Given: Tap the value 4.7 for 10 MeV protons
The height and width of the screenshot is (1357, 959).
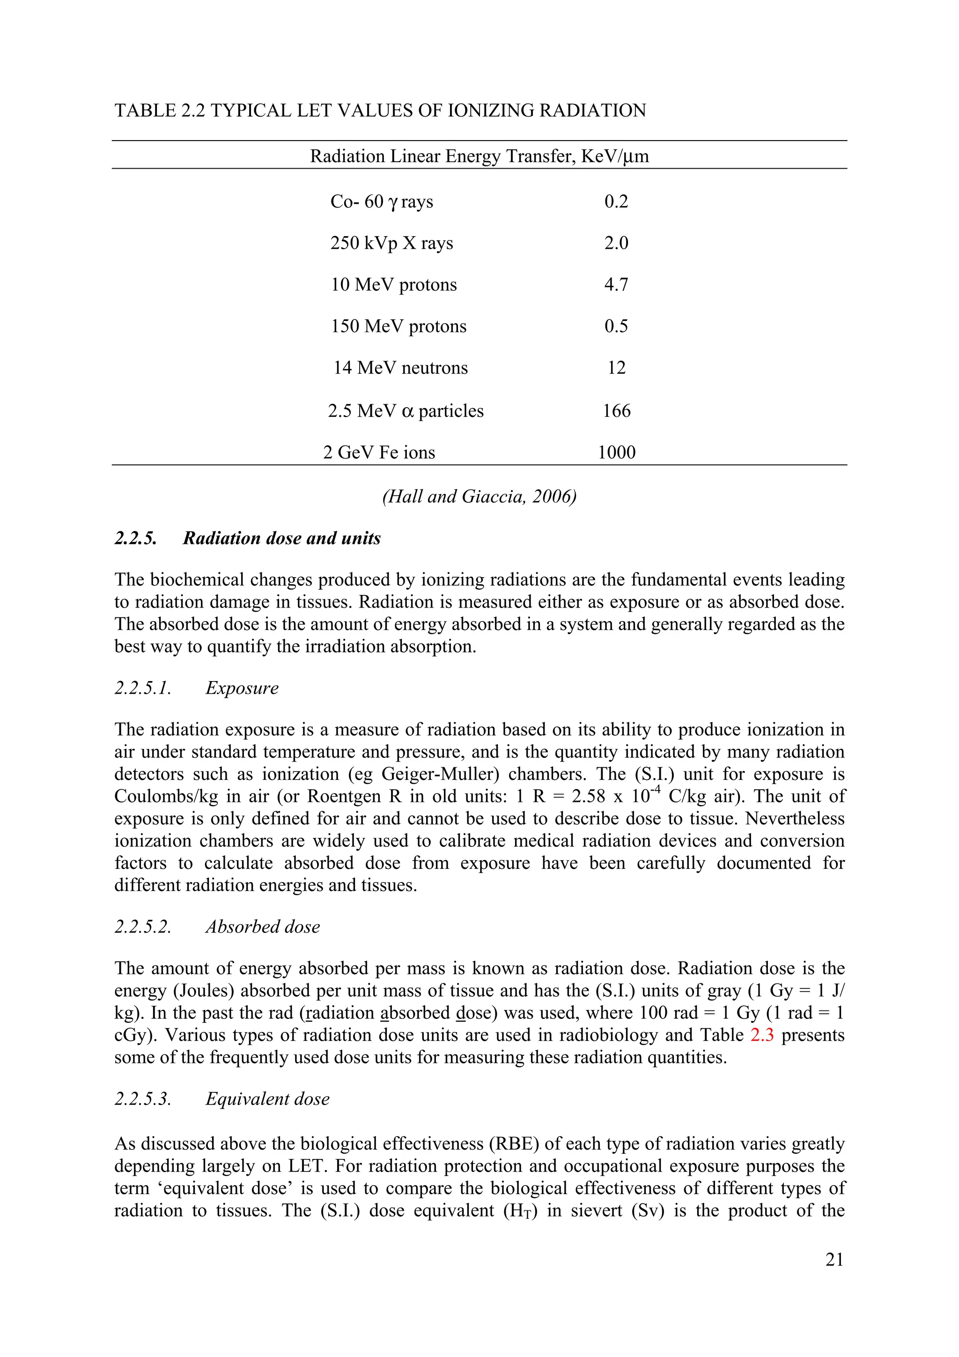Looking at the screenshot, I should click(x=616, y=284).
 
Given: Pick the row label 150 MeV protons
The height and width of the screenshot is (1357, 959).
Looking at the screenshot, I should click(x=398, y=326).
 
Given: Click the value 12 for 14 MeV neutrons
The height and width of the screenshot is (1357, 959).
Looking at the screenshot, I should click(x=616, y=368).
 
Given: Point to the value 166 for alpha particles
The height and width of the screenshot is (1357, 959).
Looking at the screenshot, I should click(x=616, y=411).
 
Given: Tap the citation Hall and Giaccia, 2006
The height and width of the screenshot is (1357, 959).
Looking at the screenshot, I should click(x=479, y=496).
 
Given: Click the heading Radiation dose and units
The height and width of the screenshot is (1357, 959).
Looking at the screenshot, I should click(x=281, y=538).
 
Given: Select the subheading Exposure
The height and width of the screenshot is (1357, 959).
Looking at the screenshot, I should click(x=242, y=688).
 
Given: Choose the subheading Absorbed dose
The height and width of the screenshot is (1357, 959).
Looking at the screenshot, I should click(x=262, y=926).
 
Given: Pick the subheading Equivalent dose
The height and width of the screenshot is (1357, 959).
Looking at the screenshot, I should click(x=267, y=1099).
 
